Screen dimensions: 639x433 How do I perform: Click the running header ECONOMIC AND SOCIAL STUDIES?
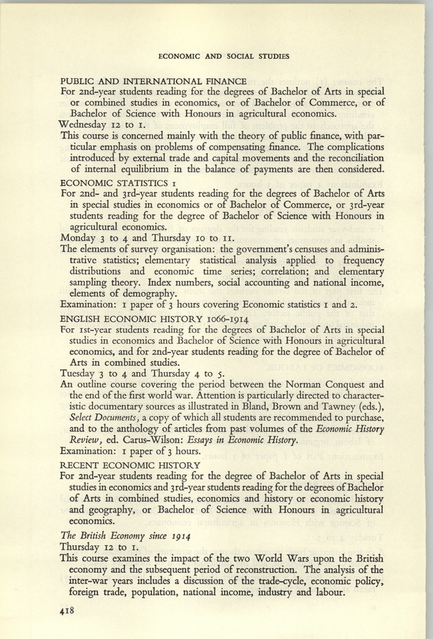[x=224, y=56]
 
